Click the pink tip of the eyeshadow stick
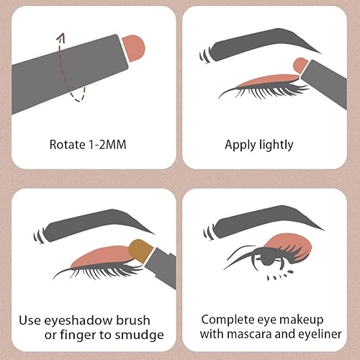pyautogui.click(x=135, y=46)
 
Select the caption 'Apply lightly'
pyautogui.click(x=259, y=145)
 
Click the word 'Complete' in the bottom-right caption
pyautogui.click(x=225, y=319)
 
